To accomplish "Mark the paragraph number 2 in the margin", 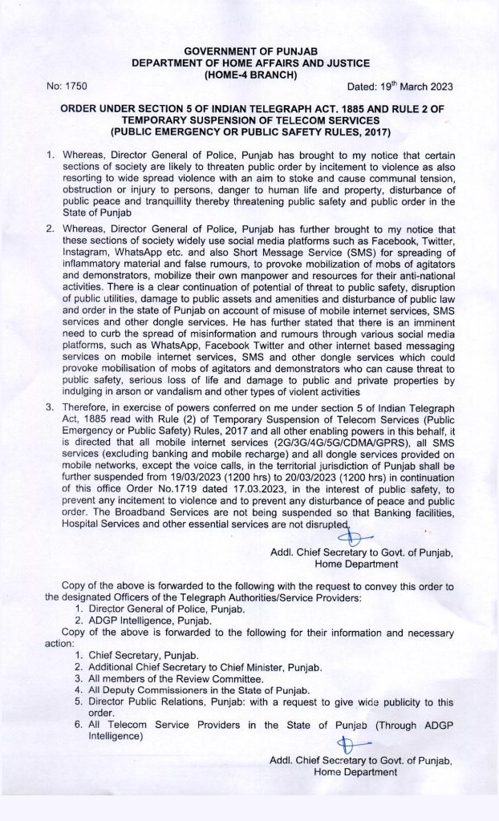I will coord(50,229).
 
